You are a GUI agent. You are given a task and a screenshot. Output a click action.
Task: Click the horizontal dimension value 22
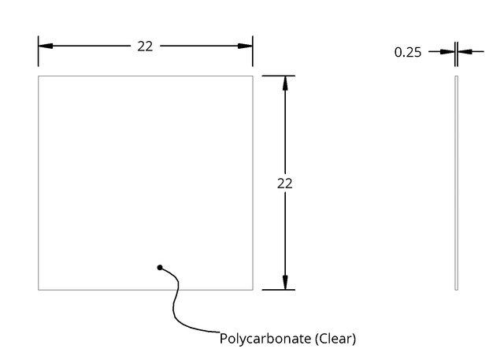[145, 46]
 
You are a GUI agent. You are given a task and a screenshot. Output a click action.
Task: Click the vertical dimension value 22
[285, 184]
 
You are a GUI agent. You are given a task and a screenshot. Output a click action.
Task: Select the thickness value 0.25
[408, 53]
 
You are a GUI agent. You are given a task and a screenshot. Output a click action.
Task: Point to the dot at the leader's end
[160, 267]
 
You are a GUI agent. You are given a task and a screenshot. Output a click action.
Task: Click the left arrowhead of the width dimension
[46, 46]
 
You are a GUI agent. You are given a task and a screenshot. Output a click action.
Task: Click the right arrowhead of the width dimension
[245, 46]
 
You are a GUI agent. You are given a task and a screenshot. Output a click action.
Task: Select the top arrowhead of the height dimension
[285, 83]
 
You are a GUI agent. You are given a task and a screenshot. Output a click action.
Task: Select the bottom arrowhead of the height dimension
[285, 283]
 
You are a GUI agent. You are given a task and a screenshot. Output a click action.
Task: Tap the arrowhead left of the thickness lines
[447, 51]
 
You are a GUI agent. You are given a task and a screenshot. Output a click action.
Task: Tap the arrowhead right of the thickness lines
[465, 51]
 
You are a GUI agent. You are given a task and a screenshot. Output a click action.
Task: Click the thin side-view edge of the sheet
[456, 183]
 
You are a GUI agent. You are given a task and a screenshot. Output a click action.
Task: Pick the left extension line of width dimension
[39, 51]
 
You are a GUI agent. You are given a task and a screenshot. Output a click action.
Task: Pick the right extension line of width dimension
[253, 51]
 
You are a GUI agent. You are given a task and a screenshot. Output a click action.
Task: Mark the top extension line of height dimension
[278, 76]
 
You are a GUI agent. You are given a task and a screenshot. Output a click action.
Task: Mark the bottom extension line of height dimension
[278, 290]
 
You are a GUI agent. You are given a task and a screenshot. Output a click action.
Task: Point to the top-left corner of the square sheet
[39, 76]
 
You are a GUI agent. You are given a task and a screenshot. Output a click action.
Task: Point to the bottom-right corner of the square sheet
[253, 290]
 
